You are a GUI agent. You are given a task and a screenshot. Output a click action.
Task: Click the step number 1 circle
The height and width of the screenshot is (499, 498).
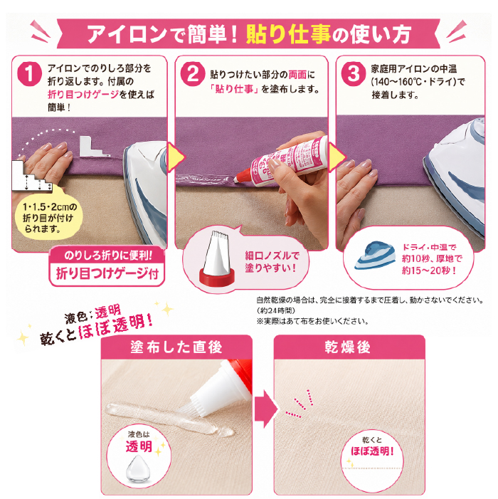tap(30, 74)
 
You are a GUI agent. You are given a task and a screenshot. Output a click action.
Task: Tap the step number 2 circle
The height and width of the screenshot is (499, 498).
tap(193, 74)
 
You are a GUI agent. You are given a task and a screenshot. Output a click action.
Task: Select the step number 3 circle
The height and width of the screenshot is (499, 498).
tap(354, 74)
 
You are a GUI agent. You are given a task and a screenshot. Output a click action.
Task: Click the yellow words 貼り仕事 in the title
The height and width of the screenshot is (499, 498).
tap(288, 34)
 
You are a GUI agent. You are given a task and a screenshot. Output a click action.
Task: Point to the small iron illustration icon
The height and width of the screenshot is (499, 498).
tap(375, 256)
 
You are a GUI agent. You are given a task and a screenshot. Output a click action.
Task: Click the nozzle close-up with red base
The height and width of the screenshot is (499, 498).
tap(216, 259)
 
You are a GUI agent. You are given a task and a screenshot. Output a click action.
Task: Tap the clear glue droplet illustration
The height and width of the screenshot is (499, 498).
tap(138, 468)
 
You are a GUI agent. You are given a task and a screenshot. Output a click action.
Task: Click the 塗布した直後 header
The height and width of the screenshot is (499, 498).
tap(176, 347)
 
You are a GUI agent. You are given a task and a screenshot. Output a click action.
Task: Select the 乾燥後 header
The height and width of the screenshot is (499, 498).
tap(348, 347)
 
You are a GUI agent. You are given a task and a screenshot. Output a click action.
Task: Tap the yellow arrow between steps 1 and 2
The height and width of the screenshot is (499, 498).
tap(176, 157)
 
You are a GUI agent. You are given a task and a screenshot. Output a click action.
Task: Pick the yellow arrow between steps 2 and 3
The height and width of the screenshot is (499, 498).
tap(337, 157)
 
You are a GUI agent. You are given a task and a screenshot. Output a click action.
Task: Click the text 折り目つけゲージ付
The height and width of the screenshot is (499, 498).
tap(107, 273)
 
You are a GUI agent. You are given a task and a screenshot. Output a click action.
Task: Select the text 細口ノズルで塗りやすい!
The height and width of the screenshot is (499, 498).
tap(272, 261)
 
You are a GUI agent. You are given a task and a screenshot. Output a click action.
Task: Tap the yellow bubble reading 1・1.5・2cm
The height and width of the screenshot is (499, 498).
tap(48, 218)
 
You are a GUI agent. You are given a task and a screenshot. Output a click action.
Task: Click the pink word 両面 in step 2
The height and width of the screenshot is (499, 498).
tap(297, 75)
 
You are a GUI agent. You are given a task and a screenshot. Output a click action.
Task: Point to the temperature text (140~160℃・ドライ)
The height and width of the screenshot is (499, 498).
tap(418, 82)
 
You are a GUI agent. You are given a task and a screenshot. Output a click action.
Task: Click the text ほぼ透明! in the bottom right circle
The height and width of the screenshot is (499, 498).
tap(372, 451)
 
